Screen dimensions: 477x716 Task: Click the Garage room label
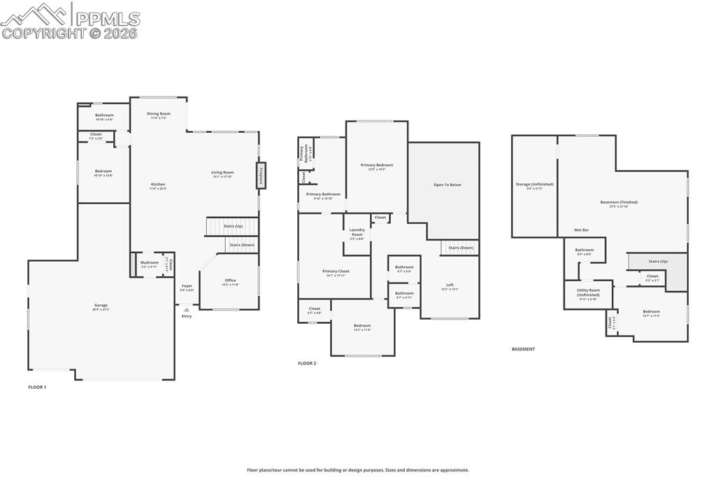coord(101,306)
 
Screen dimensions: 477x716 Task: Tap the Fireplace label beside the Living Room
coord(260,174)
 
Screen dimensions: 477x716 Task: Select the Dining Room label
coord(158,113)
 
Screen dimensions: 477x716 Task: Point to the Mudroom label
coord(150,263)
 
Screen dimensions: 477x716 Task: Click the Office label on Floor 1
coord(230,280)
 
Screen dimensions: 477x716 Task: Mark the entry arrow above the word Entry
coord(186,309)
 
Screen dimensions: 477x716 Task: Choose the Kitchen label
coord(158,184)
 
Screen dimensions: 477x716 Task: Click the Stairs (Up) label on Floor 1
coord(234,226)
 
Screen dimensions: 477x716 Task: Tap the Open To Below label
coord(447,185)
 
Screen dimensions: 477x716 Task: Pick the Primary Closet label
coord(336,271)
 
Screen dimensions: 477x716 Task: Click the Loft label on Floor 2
coord(450,285)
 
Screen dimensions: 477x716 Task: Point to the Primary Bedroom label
coord(376,165)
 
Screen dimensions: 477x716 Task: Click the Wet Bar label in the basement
coord(581,229)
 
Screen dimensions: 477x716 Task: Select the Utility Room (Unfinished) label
coord(588,292)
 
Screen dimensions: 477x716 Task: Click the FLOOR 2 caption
coord(307,363)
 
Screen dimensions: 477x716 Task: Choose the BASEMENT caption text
coord(523,349)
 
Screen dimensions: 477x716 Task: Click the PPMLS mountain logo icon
coord(36,14)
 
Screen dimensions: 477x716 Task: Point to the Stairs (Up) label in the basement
coord(658,261)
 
